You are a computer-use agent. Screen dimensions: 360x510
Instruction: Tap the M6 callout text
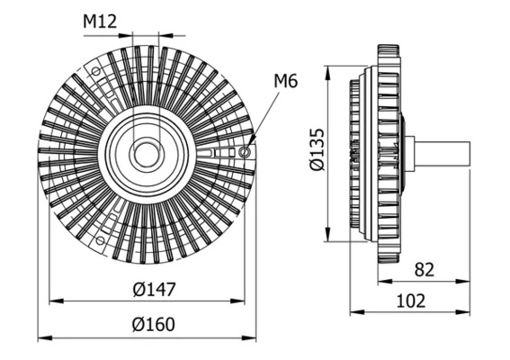[x=285, y=83]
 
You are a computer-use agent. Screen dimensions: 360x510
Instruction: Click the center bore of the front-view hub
[x=146, y=153]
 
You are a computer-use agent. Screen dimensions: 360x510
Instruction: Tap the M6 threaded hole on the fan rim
[x=245, y=153]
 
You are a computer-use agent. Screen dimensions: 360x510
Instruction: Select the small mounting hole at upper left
[x=97, y=68]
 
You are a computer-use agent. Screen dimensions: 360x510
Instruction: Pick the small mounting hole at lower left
[x=97, y=238]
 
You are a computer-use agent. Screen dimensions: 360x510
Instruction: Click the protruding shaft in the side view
[x=445, y=153]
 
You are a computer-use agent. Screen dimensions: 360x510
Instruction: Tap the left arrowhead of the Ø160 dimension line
[x=42, y=337]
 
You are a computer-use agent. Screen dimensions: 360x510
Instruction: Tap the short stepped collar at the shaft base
[x=409, y=153]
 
